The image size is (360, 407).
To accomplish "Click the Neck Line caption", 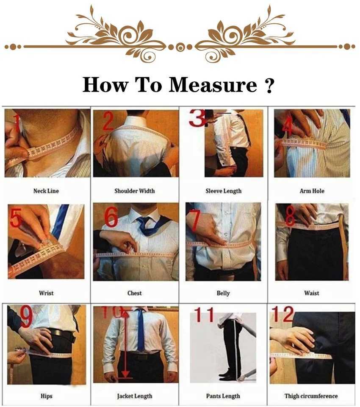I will [46, 191].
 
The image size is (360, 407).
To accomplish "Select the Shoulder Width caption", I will [134, 191].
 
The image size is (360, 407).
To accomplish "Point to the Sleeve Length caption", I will [223, 191].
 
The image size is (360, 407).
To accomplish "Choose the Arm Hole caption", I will [312, 191].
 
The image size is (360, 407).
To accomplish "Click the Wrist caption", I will [46, 293].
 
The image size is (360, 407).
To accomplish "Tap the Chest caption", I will [134, 293].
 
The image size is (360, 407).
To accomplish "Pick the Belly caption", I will [223, 293].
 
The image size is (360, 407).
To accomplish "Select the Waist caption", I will [312, 293].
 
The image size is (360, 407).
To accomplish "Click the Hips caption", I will [46, 396].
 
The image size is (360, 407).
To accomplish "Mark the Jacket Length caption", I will [134, 396].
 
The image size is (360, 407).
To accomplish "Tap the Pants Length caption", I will [223, 396].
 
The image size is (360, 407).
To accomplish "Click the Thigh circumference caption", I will [312, 396].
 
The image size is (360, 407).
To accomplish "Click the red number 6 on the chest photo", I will [111, 217].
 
